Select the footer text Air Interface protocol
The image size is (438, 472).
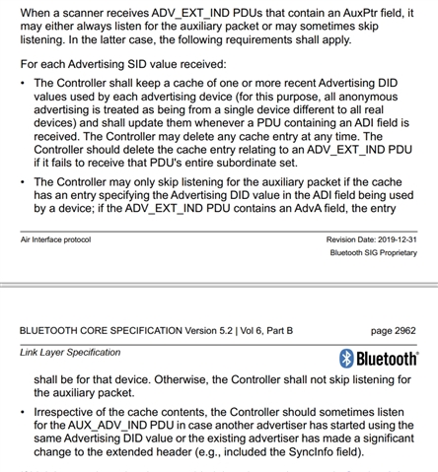pos(55,239)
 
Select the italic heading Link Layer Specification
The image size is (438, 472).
pos(70,352)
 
